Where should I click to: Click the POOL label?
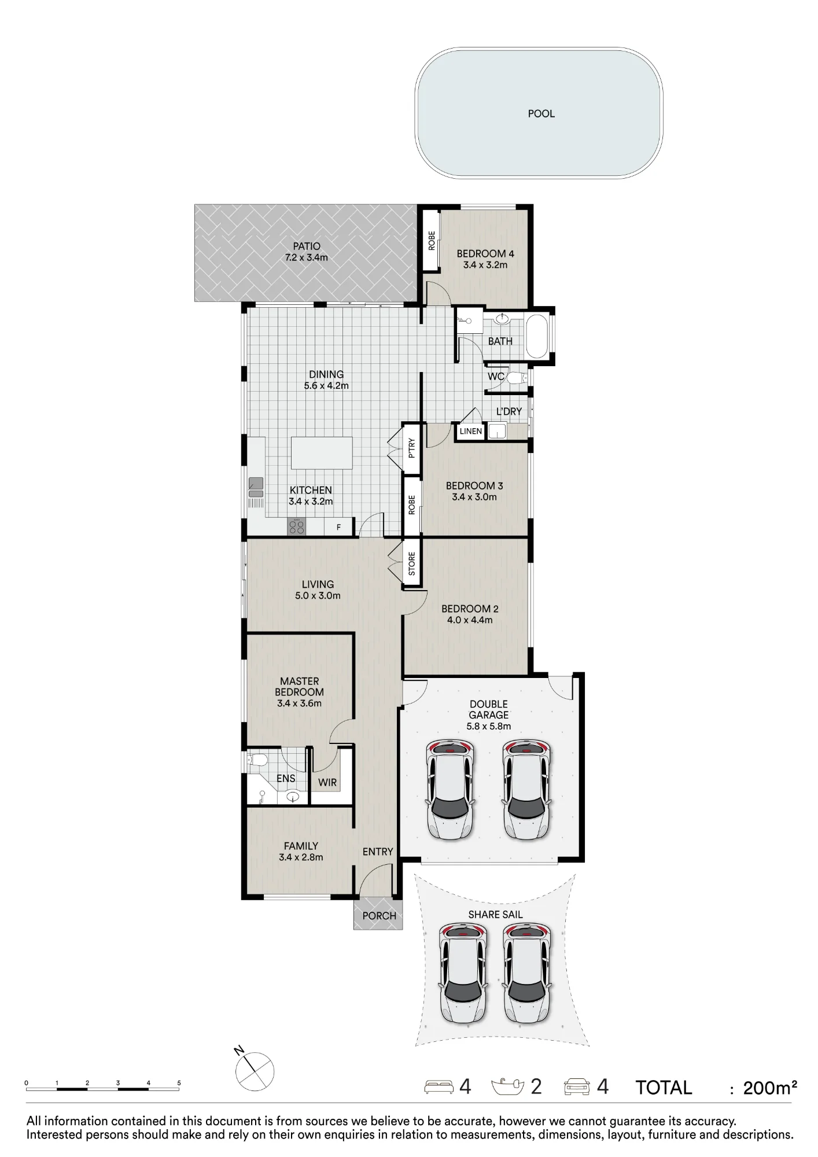pyautogui.click(x=541, y=114)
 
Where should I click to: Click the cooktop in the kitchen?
pyautogui.click(x=297, y=526)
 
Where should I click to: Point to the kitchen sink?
pyautogui.click(x=256, y=487)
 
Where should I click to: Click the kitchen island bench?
pyautogui.click(x=322, y=453)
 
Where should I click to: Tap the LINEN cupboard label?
pyautogui.click(x=470, y=431)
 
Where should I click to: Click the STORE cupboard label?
pyautogui.click(x=412, y=564)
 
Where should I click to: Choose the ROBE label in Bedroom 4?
pyautogui.click(x=431, y=241)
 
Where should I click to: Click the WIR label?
pyautogui.click(x=327, y=782)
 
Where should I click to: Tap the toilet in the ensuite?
pyautogui.click(x=256, y=760)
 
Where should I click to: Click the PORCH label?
pyautogui.click(x=379, y=916)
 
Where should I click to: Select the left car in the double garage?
pyautogui.click(x=451, y=789)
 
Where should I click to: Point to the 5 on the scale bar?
pyautogui.click(x=179, y=1083)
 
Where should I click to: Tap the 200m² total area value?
pyautogui.click(x=770, y=1088)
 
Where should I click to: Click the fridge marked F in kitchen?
pyautogui.click(x=339, y=527)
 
